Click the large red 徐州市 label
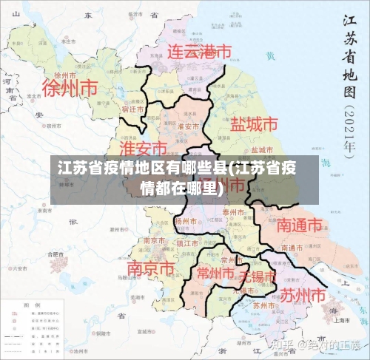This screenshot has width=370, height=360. pyautogui.click(x=70, y=88)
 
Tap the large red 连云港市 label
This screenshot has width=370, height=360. pyautogui.click(x=198, y=52)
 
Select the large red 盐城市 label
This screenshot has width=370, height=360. pyautogui.click(x=254, y=123)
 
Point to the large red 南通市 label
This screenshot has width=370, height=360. pyautogui.click(x=300, y=224)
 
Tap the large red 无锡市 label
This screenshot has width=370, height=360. pyautogui.click(x=256, y=277)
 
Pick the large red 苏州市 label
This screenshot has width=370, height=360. pyautogui.click(x=302, y=295)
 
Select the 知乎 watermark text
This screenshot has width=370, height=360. pyautogui.click(x=283, y=345)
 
